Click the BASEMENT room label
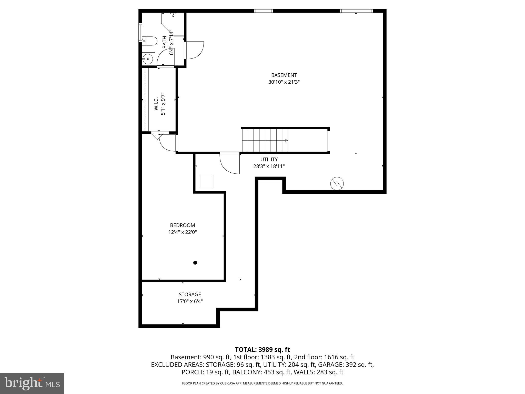pos(284,75)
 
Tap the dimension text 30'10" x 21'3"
pos(284,82)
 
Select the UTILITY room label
pos(269,160)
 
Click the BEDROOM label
pos(182,225)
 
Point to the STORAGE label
pos(190,294)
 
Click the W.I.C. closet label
pos(156,105)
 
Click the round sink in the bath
pos(148,59)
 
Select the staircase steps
pos(265,140)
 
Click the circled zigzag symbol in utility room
pos(337,184)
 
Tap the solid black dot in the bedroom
pos(195,263)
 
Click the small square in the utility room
pos(206,181)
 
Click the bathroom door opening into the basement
pos(194,50)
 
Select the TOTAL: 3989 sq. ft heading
pos(262,350)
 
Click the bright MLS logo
pos(32,383)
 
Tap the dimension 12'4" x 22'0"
pos(182,232)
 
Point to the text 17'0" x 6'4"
pos(190,301)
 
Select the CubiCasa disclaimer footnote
pos(262,383)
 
